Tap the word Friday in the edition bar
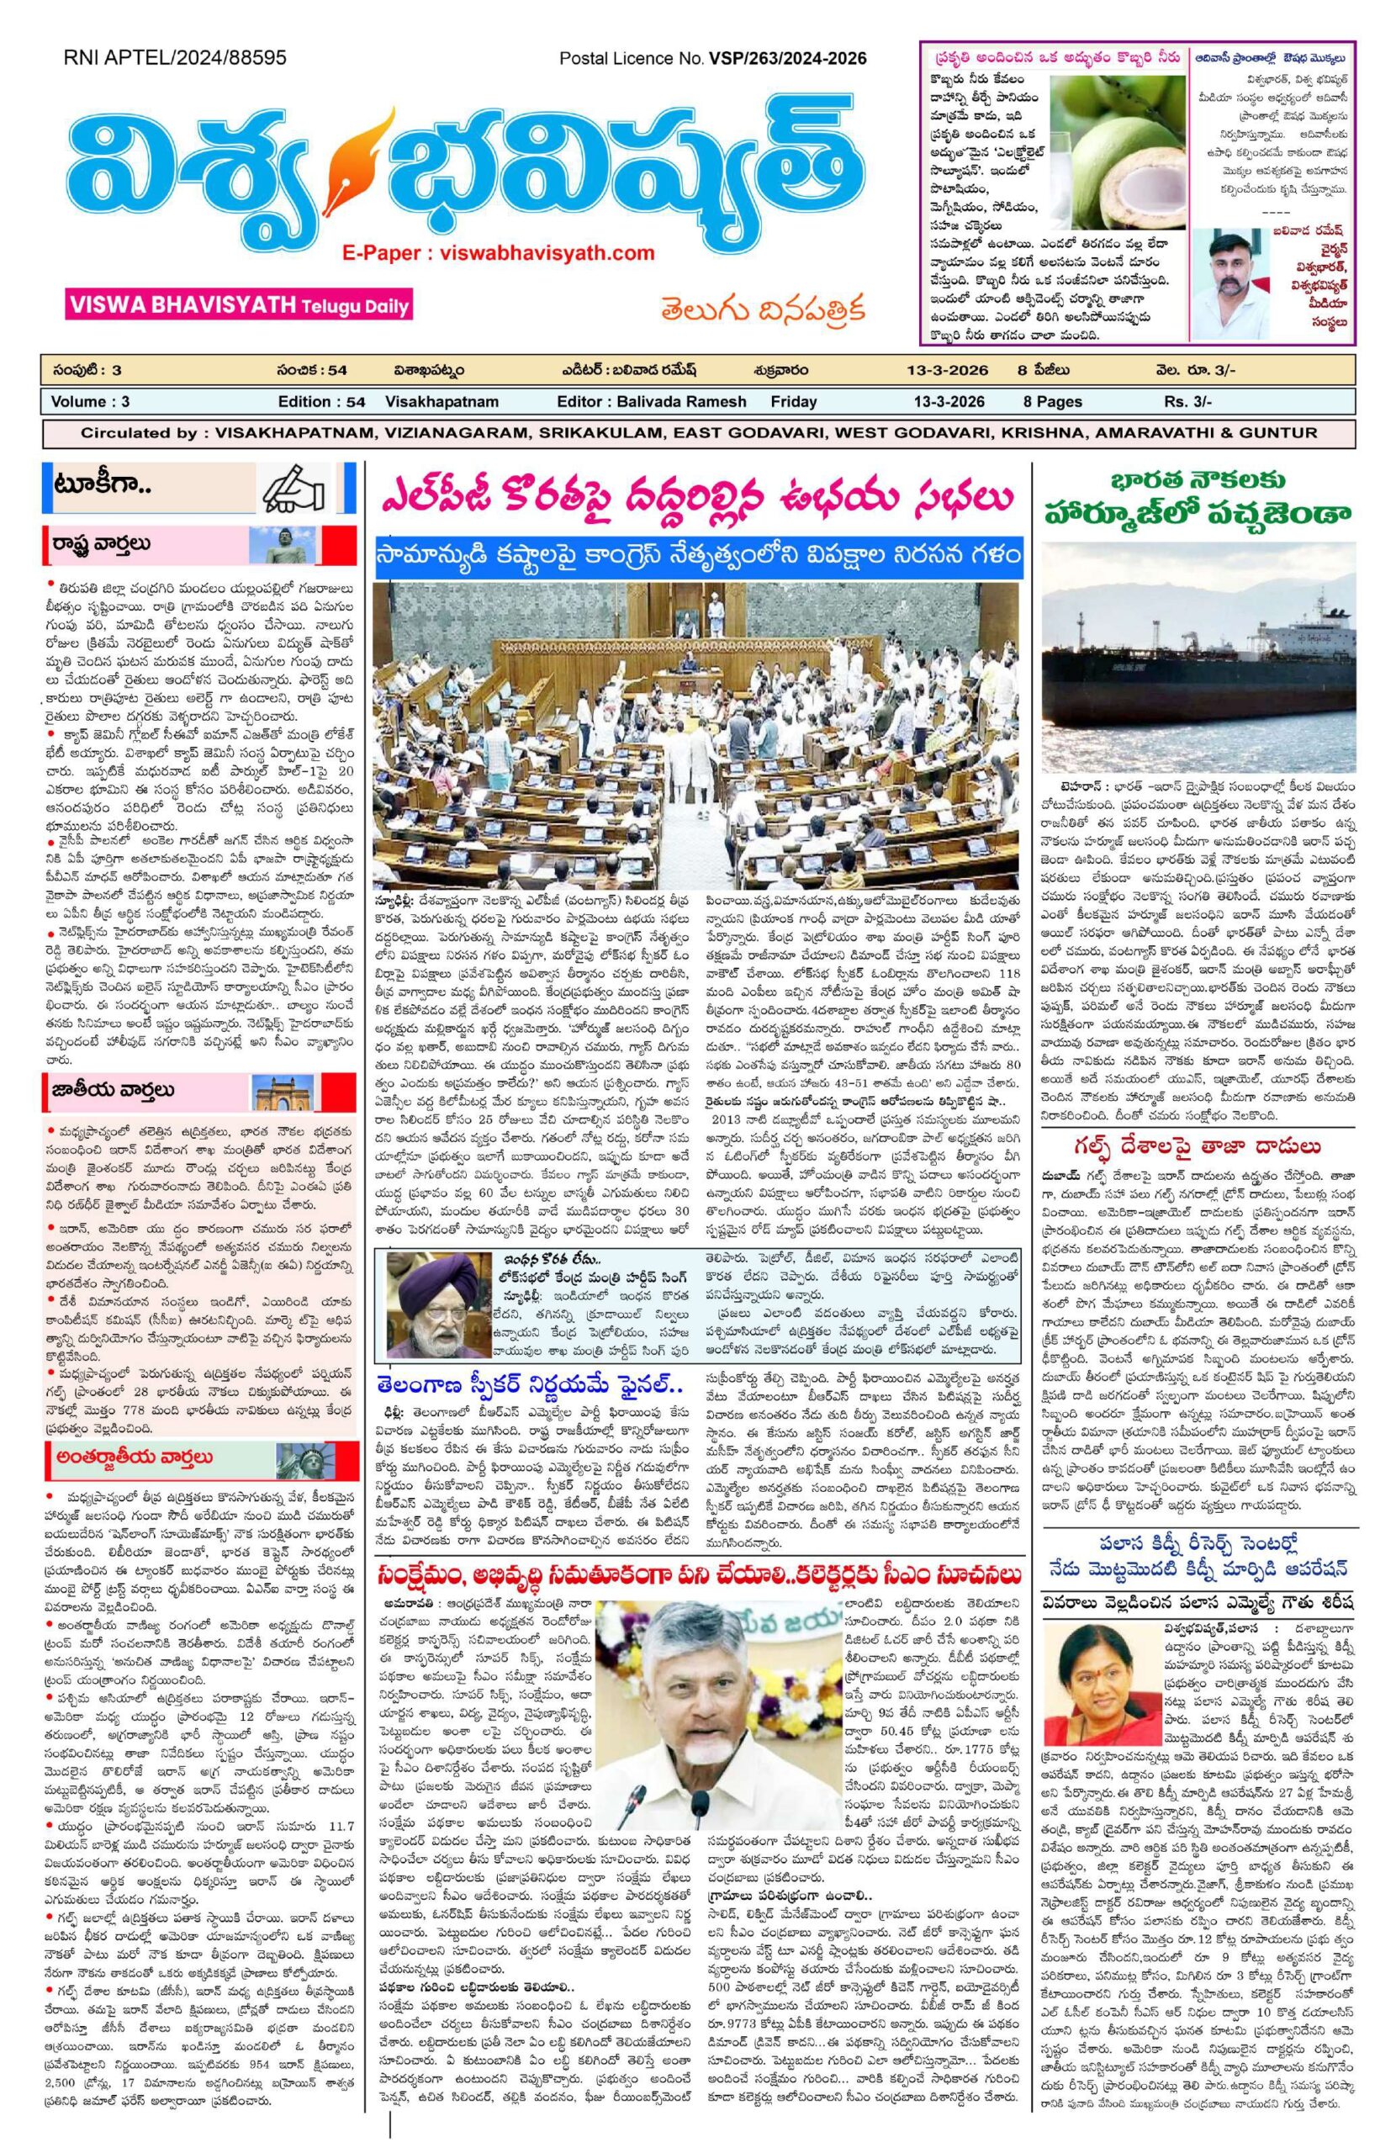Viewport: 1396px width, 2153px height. [793, 401]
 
